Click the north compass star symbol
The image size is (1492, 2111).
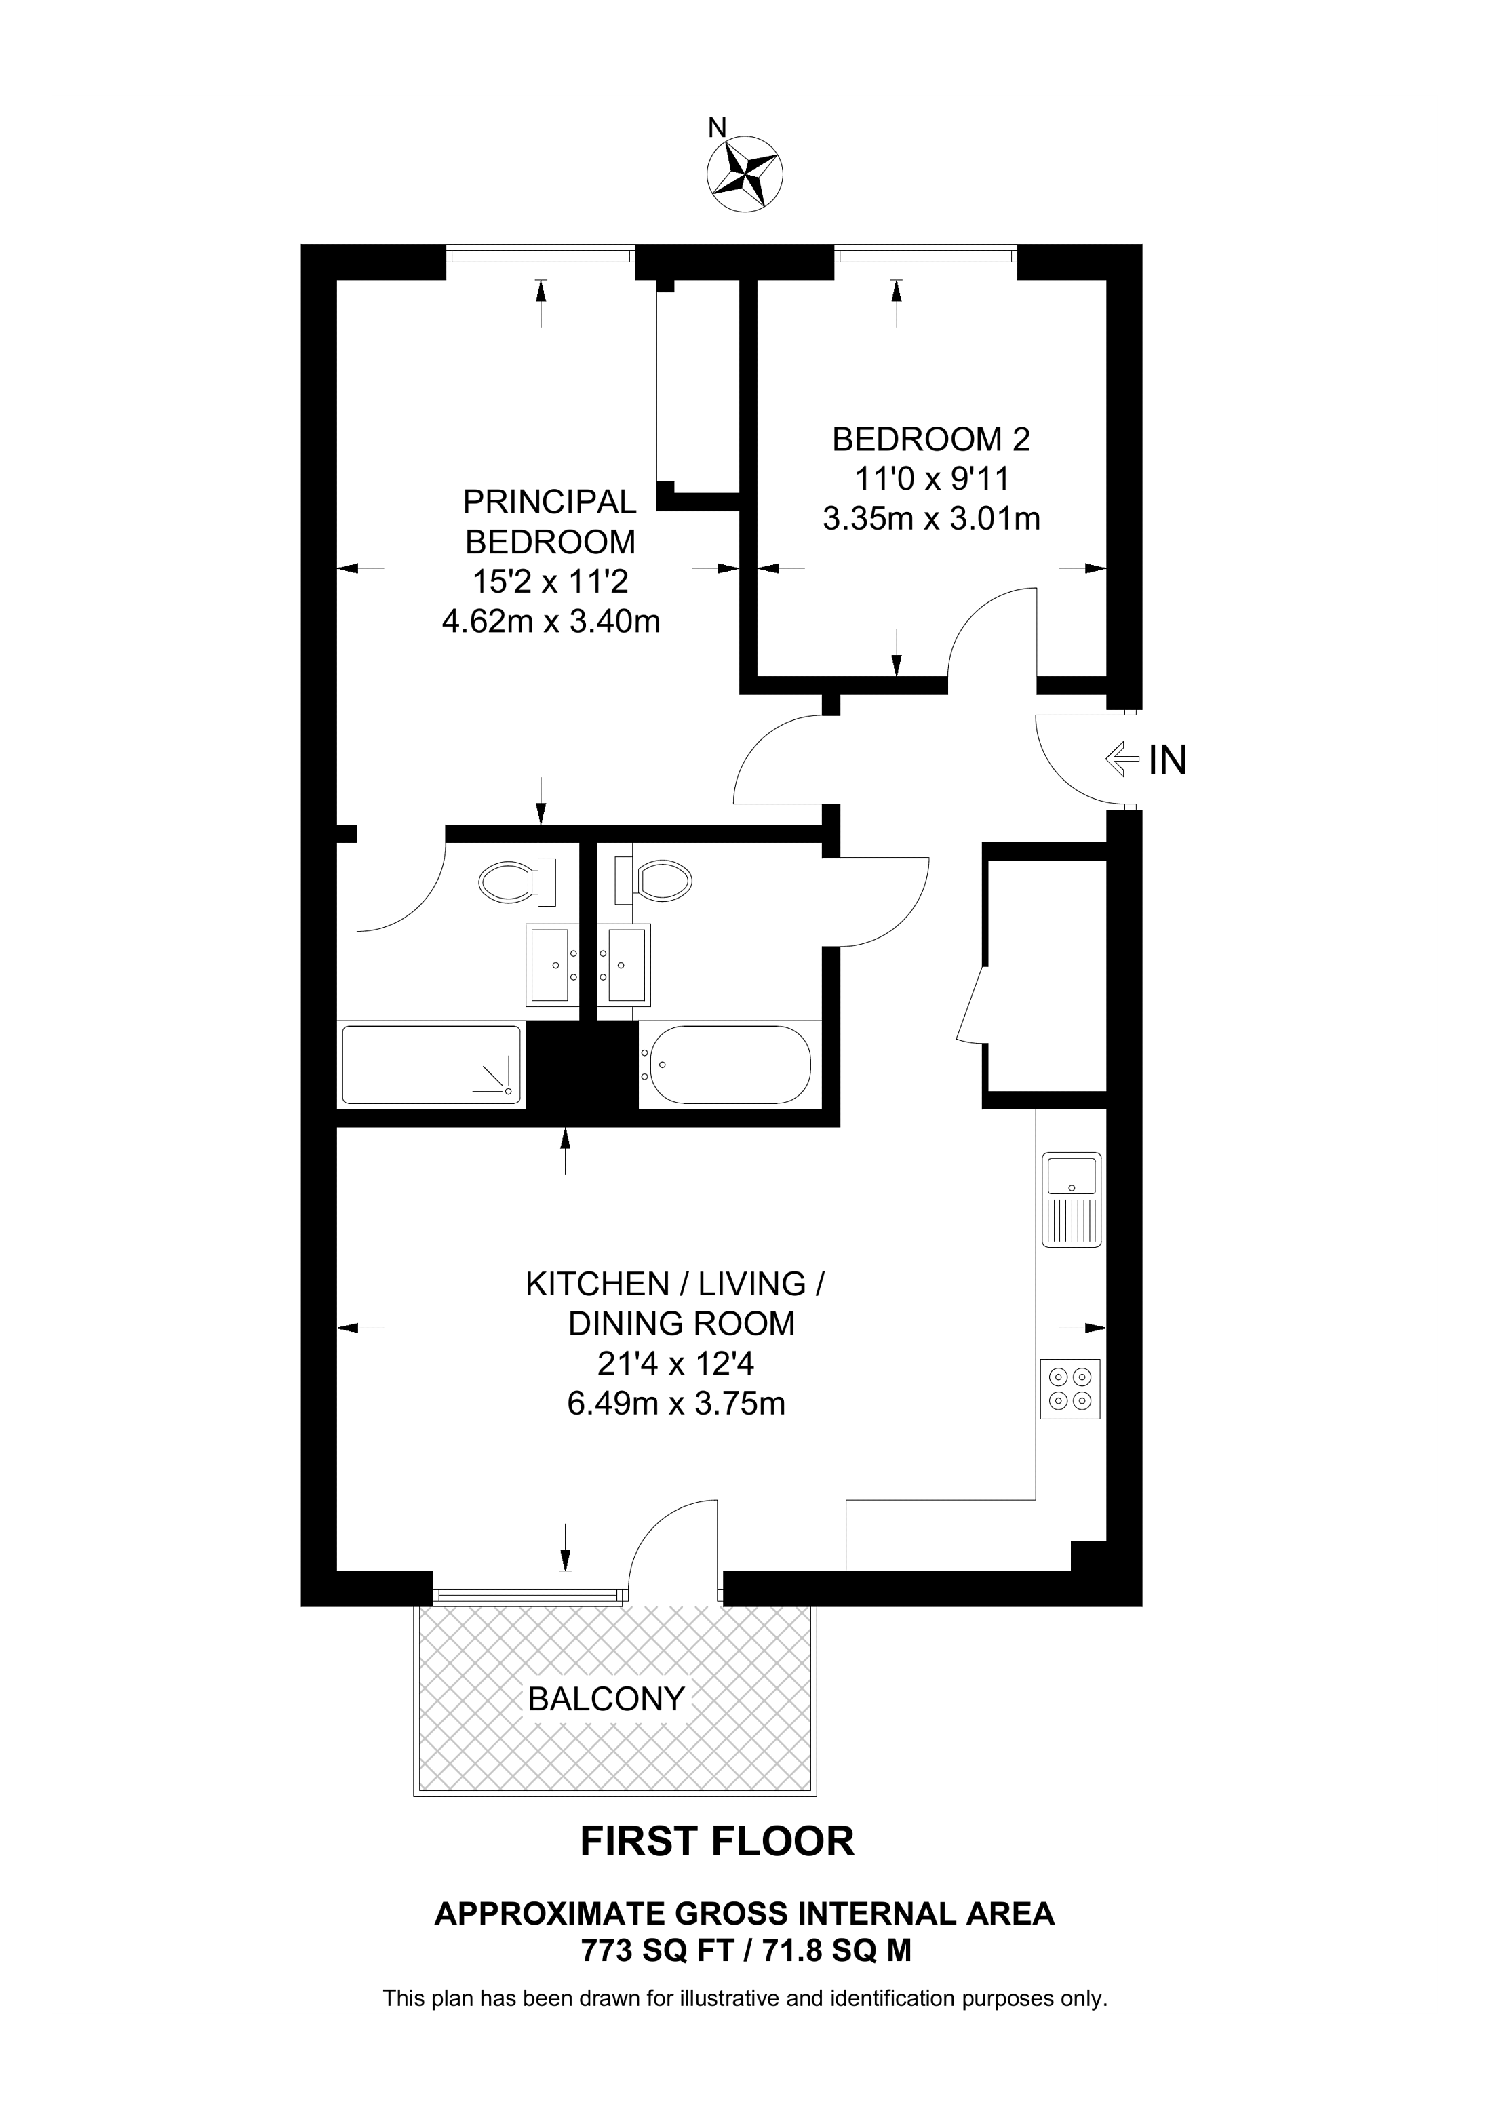point(745,172)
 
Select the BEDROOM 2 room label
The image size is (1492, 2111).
point(931,439)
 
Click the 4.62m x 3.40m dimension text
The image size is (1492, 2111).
point(551,623)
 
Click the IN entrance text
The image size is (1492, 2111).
point(1168,760)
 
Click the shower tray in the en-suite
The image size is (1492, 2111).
point(431,1064)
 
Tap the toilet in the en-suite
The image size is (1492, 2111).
point(517,882)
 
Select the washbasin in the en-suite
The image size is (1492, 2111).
point(551,964)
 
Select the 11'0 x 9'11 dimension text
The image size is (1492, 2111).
point(931,479)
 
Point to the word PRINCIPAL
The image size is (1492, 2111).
point(550,502)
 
